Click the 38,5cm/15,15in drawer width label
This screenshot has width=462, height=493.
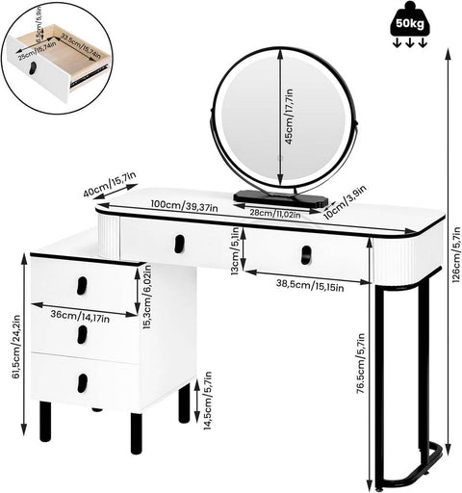[309, 284]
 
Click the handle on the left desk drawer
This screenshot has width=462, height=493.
[177, 246]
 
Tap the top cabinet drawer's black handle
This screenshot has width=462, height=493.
[82, 285]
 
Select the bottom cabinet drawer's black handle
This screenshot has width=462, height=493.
[82, 382]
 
